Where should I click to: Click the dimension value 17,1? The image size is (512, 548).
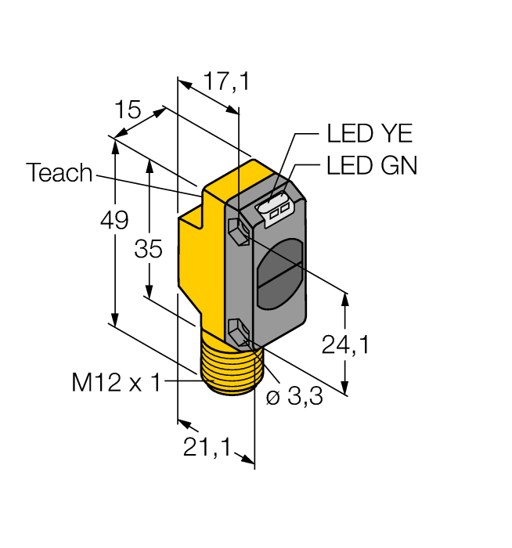226,81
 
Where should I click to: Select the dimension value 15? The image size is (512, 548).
128,110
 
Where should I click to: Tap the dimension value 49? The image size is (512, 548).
114,222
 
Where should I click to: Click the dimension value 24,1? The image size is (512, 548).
345,344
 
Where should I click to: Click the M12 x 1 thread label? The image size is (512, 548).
116,383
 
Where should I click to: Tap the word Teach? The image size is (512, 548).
59,173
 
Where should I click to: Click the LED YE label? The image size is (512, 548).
369,134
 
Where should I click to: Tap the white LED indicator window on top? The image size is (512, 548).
275,210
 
